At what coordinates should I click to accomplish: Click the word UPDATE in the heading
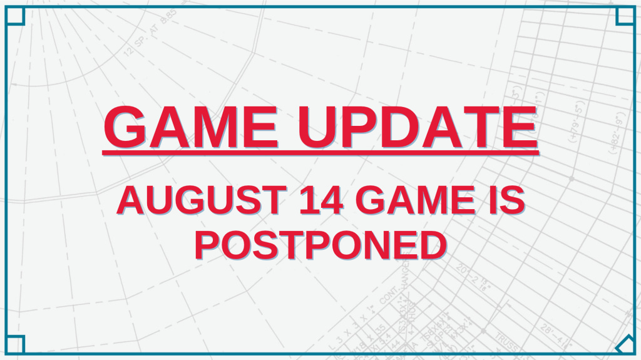(x=418, y=127)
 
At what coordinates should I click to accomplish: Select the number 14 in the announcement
(x=321, y=200)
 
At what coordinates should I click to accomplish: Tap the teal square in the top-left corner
(x=15, y=16)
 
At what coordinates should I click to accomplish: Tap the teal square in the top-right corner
(x=625, y=16)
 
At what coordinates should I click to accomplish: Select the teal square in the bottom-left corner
(x=15, y=344)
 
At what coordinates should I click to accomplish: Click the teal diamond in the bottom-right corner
(x=625, y=344)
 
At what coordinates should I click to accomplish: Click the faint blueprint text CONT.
(x=389, y=295)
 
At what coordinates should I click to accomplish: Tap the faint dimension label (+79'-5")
(x=577, y=121)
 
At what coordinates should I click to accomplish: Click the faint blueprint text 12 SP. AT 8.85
(x=150, y=33)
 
